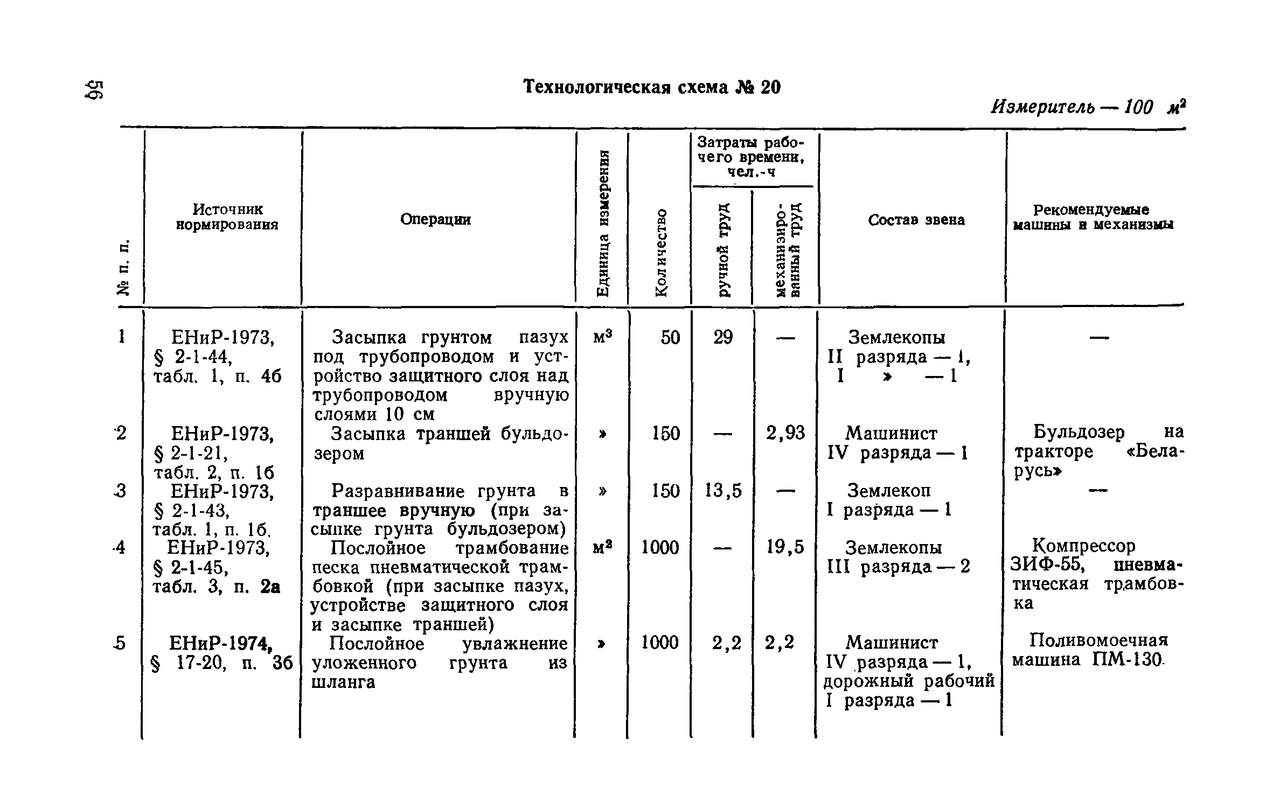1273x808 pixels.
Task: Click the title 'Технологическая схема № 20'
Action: pyautogui.click(x=652, y=87)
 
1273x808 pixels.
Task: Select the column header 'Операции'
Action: pyautogui.click(x=435, y=219)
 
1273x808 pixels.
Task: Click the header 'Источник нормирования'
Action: pyautogui.click(x=227, y=217)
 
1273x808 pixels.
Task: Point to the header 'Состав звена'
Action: pyautogui.click(x=916, y=220)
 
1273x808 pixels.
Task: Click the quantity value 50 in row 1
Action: pyautogui.click(x=670, y=338)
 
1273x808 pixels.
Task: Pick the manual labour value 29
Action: pyautogui.click(x=723, y=338)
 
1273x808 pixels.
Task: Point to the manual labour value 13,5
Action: pyautogui.click(x=724, y=491)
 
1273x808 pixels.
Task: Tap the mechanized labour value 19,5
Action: pyautogui.click(x=785, y=547)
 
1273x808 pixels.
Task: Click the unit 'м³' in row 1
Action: pyautogui.click(x=603, y=337)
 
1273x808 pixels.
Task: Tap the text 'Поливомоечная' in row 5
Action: pyautogui.click(x=1099, y=640)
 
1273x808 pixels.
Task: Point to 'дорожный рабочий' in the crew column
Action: pyautogui.click(x=909, y=681)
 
